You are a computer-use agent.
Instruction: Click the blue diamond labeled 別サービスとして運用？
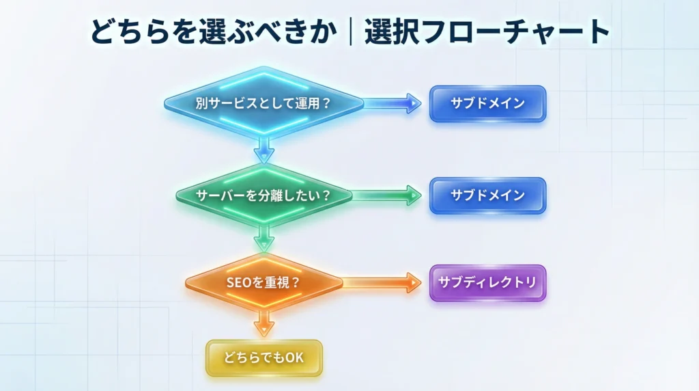263,104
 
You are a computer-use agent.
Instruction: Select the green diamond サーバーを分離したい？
263,195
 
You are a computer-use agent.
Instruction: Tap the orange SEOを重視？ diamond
263,282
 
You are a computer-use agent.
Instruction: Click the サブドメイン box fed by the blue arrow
487,104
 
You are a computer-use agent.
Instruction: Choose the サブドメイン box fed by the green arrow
487,195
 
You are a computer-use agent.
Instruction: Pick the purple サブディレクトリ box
487,282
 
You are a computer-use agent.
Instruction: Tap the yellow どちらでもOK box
263,358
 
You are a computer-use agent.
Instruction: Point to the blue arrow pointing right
393,104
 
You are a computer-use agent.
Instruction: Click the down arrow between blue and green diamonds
263,149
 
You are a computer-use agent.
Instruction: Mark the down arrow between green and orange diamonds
263,239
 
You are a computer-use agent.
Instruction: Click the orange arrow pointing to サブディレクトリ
382,282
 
